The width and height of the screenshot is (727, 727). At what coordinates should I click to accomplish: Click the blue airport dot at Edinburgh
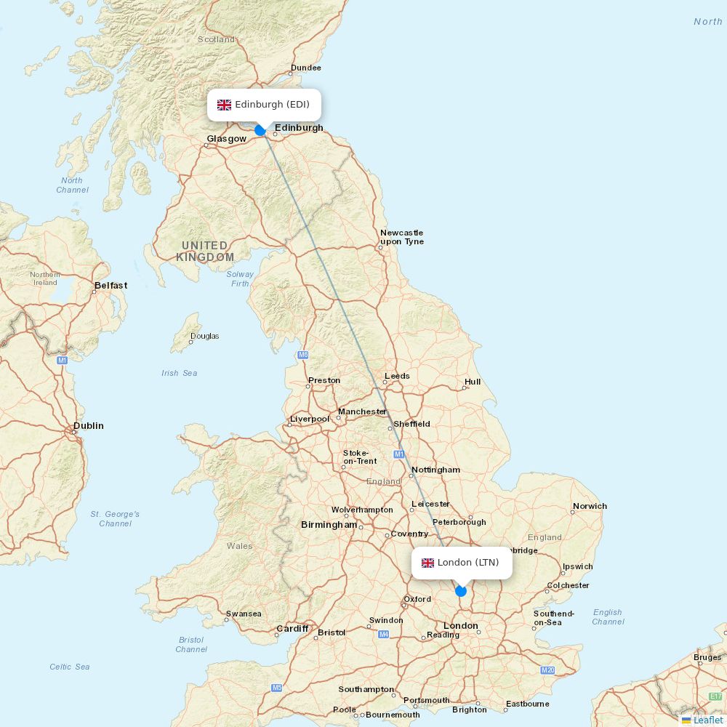pyautogui.click(x=260, y=131)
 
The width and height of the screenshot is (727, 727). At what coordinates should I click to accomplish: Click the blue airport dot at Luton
pyautogui.click(x=460, y=590)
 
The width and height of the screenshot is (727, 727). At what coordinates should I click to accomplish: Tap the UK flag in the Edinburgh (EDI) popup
pyautogui.click(x=224, y=105)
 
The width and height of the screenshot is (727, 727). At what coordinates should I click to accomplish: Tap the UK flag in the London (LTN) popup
pyautogui.click(x=427, y=563)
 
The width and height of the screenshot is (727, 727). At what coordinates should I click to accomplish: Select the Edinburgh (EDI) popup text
pyautogui.click(x=272, y=105)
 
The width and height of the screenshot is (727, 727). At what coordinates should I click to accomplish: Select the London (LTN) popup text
pyautogui.click(x=468, y=563)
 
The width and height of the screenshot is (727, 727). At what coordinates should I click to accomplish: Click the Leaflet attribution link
pyautogui.click(x=707, y=720)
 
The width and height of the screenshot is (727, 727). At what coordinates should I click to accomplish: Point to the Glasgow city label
pyautogui.click(x=226, y=139)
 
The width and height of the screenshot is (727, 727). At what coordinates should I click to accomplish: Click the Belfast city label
pyautogui.click(x=111, y=286)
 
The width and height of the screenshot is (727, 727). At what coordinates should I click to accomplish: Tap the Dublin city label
pyautogui.click(x=89, y=426)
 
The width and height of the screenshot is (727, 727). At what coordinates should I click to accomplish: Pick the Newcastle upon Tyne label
pyautogui.click(x=401, y=237)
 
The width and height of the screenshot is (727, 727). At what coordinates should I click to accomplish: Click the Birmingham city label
pyautogui.click(x=329, y=525)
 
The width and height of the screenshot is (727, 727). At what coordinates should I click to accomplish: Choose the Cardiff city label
pyautogui.click(x=292, y=629)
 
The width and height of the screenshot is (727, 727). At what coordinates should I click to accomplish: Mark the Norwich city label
pyautogui.click(x=590, y=506)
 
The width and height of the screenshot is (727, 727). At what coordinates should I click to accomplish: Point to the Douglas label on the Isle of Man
pyautogui.click(x=204, y=337)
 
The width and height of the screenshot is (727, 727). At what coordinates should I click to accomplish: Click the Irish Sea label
pyautogui.click(x=180, y=373)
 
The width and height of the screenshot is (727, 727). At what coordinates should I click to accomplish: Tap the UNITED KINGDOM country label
pyautogui.click(x=205, y=252)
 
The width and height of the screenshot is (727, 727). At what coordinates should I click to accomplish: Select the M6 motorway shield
pyautogui.click(x=303, y=355)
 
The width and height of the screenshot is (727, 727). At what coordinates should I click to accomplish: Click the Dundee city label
pyautogui.click(x=305, y=68)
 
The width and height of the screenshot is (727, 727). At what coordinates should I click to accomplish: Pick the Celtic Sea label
pyautogui.click(x=70, y=667)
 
